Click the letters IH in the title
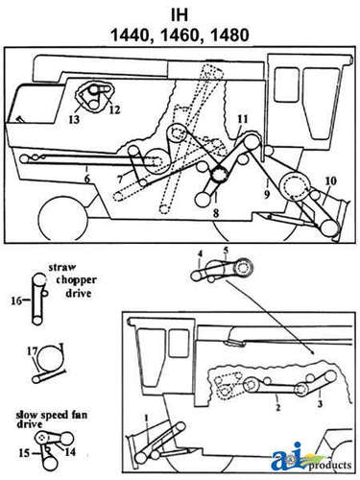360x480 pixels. pos(180,15)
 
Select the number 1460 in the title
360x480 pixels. pos(181,35)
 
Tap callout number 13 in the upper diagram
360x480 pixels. pos(74,119)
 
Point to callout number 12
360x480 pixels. pos(115,109)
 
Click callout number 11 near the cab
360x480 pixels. pos(243,119)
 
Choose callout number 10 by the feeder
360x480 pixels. pos(331,180)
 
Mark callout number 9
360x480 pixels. pos(267,194)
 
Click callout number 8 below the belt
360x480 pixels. pos(216,213)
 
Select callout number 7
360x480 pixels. pos(120,180)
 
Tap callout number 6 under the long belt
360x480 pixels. pos(86,179)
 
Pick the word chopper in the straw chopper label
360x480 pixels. pos(76,280)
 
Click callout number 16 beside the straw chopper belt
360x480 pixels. pos(16,300)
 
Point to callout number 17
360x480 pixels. pos(34,350)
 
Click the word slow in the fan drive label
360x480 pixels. pos(24,416)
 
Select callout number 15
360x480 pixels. pos(24,453)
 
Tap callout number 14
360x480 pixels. pos(70,451)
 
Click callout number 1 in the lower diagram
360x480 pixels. pos(147,418)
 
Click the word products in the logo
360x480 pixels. pos(330,465)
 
